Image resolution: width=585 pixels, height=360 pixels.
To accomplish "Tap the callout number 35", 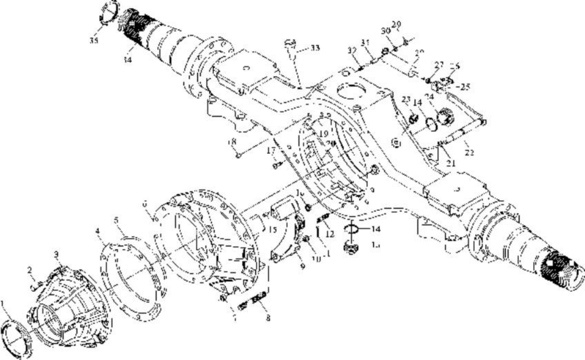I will pyautogui.click(x=94, y=41).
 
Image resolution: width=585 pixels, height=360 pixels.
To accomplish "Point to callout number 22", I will pyautogui.click(x=469, y=152).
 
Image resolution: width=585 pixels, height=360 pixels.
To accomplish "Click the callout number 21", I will pyautogui.click(x=451, y=163).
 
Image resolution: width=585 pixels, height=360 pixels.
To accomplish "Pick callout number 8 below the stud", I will pyautogui.click(x=268, y=318).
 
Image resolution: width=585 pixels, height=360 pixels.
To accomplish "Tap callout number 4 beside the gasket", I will pyautogui.click(x=97, y=231).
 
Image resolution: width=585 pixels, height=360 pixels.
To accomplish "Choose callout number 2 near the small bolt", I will pyautogui.click(x=30, y=270).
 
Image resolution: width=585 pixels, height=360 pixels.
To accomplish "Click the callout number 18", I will pyautogui.click(x=232, y=142).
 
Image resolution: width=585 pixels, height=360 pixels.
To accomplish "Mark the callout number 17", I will pyautogui.click(x=271, y=150).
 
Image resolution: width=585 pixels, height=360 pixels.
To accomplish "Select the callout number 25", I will pyautogui.click(x=464, y=87).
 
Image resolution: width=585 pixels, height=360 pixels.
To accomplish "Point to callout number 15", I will pyautogui.click(x=273, y=230).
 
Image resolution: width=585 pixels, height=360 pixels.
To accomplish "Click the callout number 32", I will pyautogui.click(x=351, y=51).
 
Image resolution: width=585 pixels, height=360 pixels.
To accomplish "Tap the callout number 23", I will pyautogui.click(x=406, y=99).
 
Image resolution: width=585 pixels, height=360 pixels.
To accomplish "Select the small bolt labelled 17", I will pyautogui.click(x=277, y=165).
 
